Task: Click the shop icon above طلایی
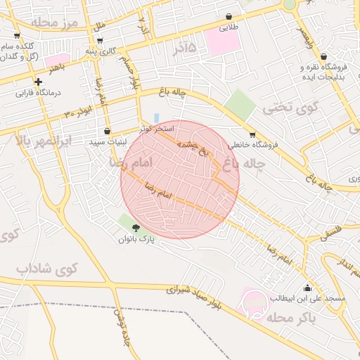pyautogui.click(x=229, y=16)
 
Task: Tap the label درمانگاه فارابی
pyautogui.click(x=39, y=93)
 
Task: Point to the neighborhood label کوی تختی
pyautogui.click(x=285, y=108)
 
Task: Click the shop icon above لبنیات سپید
pyautogui.click(x=107, y=131)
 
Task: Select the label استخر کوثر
pyautogui.click(x=155, y=128)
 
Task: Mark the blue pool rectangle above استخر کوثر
pyautogui.click(x=156, y=117)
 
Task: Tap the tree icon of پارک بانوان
pyautogui.click(x=135, y=227)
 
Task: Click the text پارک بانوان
pyautogui.click(x=136, y=239)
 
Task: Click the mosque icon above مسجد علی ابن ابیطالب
pyautogui.click(x=308, y=288)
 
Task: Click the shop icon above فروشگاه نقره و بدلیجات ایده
pyautogui.click(x=323, y=57)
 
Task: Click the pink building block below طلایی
pyautogui.click(x=223, y=41)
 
